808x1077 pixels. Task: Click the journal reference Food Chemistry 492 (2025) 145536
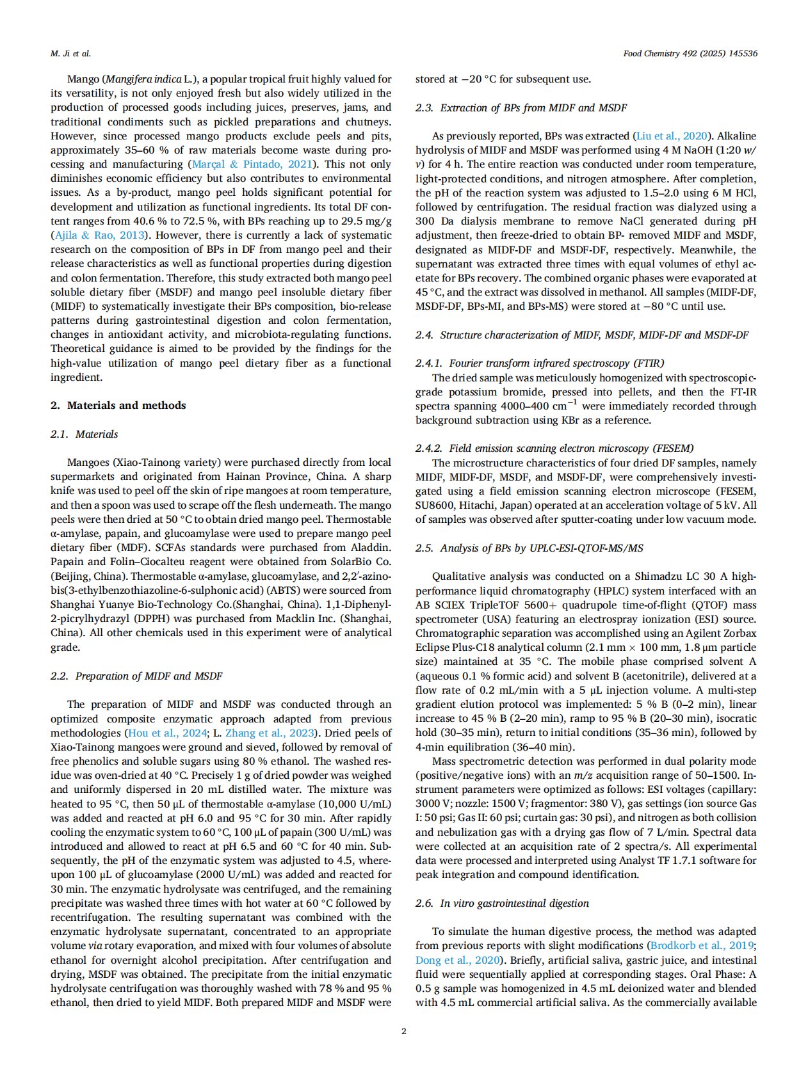pos(690,54)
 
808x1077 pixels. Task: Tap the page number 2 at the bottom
pos(403,1031)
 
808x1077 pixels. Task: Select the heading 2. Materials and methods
pos(118,405)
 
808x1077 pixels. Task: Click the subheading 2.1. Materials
pos(85,434)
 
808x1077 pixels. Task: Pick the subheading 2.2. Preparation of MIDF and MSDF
pos(136,676)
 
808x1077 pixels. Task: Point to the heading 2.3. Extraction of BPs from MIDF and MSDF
pos(521,108)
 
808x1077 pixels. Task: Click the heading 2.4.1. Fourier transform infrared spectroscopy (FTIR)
pos(540,363)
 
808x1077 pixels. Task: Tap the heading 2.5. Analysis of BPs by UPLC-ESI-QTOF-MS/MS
pos(529,548)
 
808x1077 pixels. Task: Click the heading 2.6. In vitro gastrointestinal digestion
pos(502,903)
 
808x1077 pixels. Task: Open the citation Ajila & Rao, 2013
pos(99,235)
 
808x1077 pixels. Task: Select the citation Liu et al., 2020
pos(672,136)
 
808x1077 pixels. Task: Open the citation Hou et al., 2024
pos(167,733)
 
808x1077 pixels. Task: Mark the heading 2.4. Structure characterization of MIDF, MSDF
pos(581,335)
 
